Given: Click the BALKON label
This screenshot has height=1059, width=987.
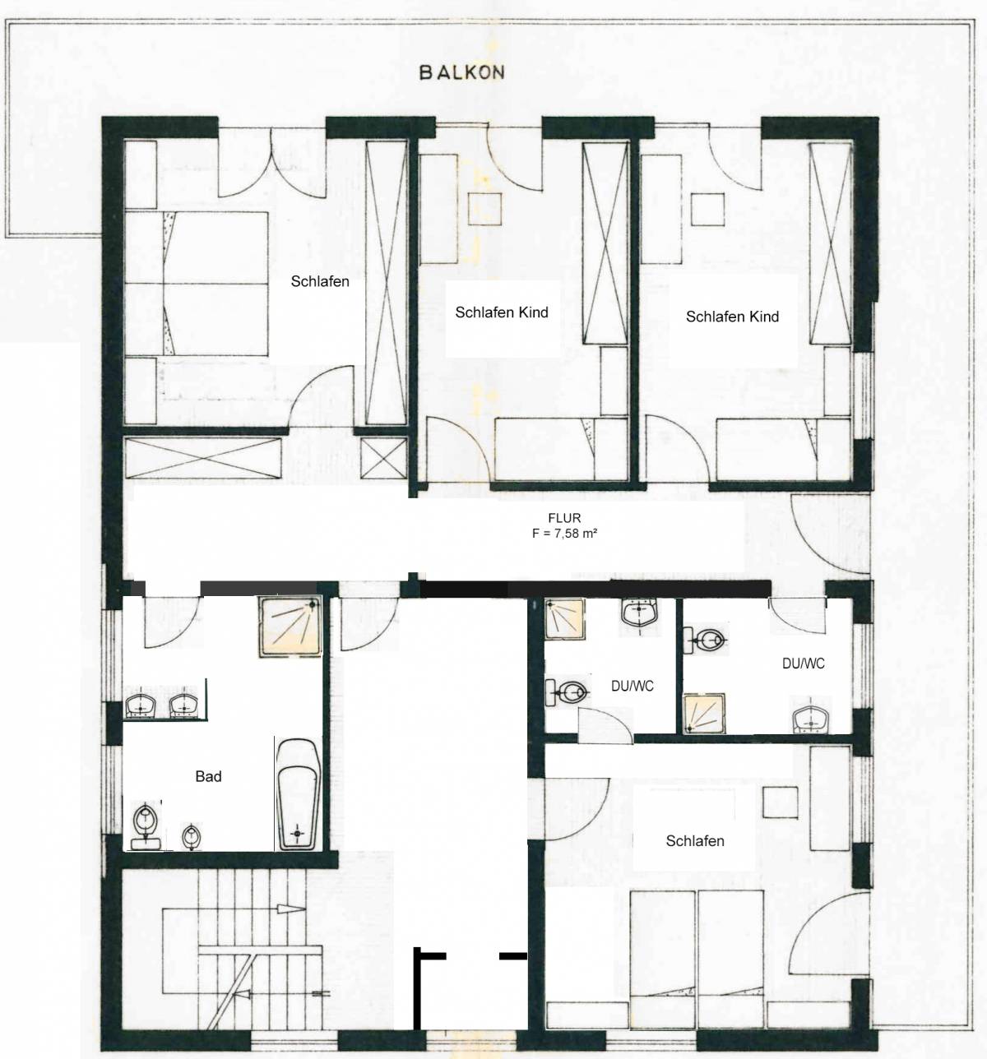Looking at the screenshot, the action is point(462,72).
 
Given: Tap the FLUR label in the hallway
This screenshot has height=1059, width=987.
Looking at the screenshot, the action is point(564,518).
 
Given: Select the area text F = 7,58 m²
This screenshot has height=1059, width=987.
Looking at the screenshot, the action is point(564,534).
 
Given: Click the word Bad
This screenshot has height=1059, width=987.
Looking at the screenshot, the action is point(208,776).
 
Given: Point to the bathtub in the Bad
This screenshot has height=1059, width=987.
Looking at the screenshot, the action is point(299,794).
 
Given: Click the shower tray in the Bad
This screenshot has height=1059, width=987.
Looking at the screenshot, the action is point(290,626).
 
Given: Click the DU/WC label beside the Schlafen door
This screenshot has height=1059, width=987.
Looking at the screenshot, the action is point(633,687).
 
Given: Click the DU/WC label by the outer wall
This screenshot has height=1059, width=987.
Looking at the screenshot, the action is point(804,664).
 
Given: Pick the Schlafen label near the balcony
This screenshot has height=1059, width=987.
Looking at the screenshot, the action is point(320,281).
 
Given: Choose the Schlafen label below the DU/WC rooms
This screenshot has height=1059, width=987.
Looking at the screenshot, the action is point(695,841).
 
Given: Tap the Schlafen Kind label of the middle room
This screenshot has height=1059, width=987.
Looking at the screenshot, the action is point(502,312).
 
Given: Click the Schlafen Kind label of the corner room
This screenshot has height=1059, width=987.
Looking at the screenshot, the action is point(733,317).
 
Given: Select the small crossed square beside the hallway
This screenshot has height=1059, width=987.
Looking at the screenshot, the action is point(383,458).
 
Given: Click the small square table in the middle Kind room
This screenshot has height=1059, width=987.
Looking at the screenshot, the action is point(485,209).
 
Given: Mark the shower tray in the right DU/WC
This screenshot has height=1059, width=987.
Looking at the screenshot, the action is point(705,713).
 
